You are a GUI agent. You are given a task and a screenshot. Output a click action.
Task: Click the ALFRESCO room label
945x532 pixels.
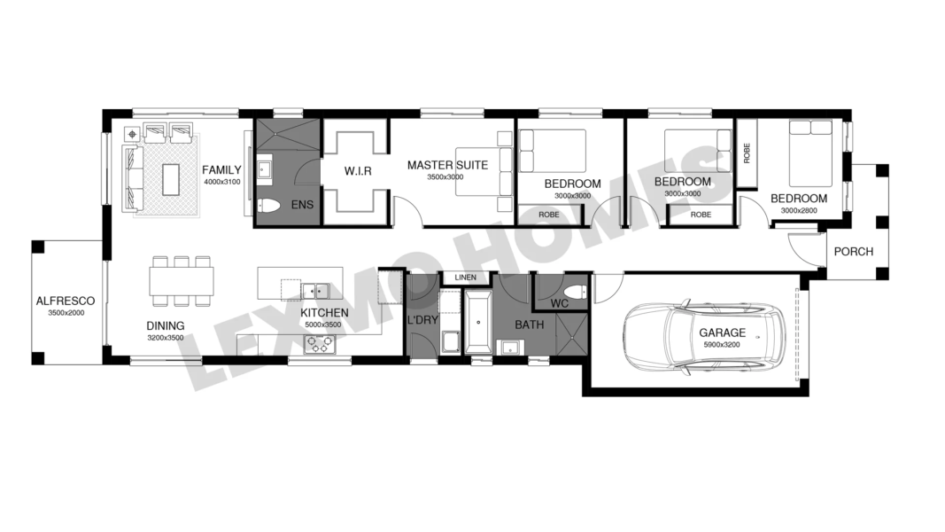[x=65, y=301]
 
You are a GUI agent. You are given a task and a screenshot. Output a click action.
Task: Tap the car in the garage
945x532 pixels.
[x=704, y=337]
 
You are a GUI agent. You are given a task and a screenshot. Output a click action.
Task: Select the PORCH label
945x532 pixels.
[x=854, y=252]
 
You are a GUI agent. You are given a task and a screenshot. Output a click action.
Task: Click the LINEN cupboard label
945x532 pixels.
[x=465, y=278]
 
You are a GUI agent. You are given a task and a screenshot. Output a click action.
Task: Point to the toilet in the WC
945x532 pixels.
[x=577, y=292]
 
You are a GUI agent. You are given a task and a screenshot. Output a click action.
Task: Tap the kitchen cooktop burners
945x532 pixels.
[x=319, y=344]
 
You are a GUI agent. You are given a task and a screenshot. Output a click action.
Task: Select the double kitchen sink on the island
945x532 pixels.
[x=315, y=291]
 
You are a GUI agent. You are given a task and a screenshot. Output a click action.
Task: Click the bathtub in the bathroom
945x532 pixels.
[x=478, y=322]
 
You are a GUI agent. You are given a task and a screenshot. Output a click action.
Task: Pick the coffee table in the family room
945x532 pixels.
[x=171, y=180]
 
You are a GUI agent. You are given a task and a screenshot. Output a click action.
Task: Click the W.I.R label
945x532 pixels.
[x=358, y=171]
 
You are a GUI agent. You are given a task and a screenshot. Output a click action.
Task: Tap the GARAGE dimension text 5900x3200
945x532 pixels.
[x=722, y=345]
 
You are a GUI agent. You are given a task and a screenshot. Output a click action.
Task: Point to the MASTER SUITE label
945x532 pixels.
[x=447, y=165]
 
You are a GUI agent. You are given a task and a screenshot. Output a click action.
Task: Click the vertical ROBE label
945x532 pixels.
[x=747, y=153]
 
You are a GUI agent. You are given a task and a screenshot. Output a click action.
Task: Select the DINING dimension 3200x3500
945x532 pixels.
[x=165, y=338]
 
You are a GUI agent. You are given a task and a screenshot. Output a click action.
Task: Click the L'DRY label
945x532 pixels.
[x=422, y=320]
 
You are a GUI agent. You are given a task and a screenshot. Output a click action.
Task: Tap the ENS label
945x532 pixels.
[x=302, y=205]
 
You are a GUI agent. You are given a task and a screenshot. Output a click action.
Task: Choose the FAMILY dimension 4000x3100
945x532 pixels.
[x=221, y=182]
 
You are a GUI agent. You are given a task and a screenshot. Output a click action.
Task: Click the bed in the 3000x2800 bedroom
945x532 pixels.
[x=811, y=153]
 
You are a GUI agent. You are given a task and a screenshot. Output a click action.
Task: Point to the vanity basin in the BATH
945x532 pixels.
[x=510, y=348]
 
